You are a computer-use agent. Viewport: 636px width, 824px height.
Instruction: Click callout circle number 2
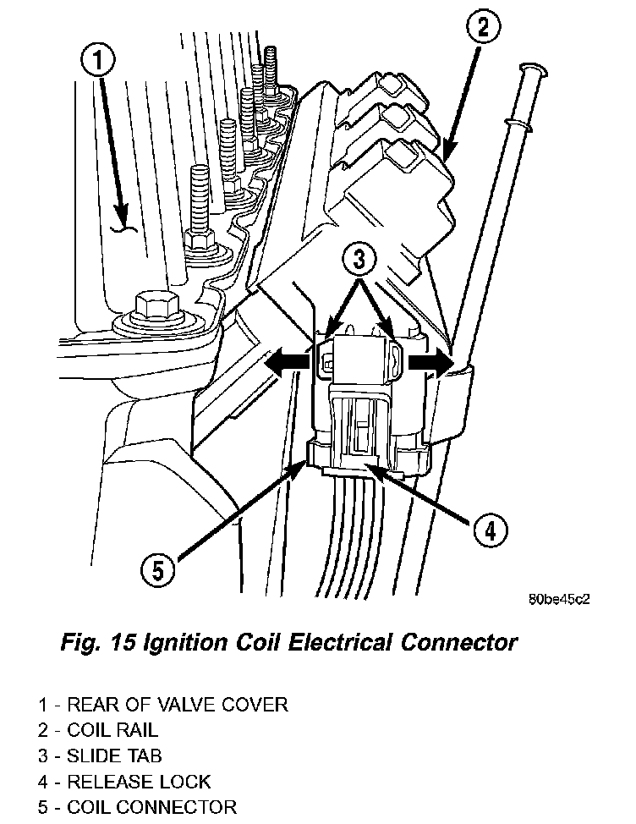[x=480, y=30]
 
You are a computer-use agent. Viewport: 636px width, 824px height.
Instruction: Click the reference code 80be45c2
[x=559, y=599]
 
